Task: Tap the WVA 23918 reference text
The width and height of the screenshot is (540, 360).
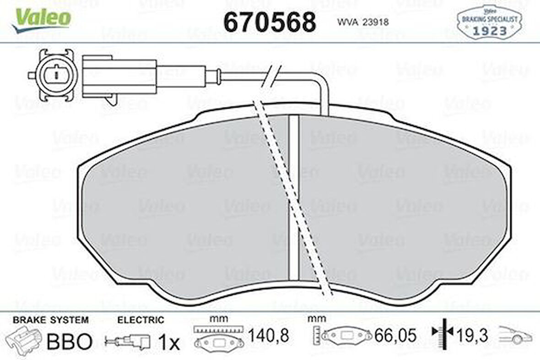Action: pyautogui.click(x=363, y=22)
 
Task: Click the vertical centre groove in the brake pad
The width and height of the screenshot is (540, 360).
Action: pyautogui.click(x=294, y=197)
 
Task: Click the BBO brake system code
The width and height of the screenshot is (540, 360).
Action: pyautogui.click(x=69, y=341)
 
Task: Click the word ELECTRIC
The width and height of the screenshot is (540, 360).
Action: pyautogui.click(x=140, y=320)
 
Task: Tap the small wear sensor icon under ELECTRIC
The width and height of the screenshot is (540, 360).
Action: pyautogui.click(x=128, y=342)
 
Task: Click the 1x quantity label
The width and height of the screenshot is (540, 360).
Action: pyautogui.click(x=169, y=342)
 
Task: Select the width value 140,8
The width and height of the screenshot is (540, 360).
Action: pyautogui.click(x=268, y=336)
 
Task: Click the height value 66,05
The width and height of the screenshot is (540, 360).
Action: pyautogui.click(x=395, y=336)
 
